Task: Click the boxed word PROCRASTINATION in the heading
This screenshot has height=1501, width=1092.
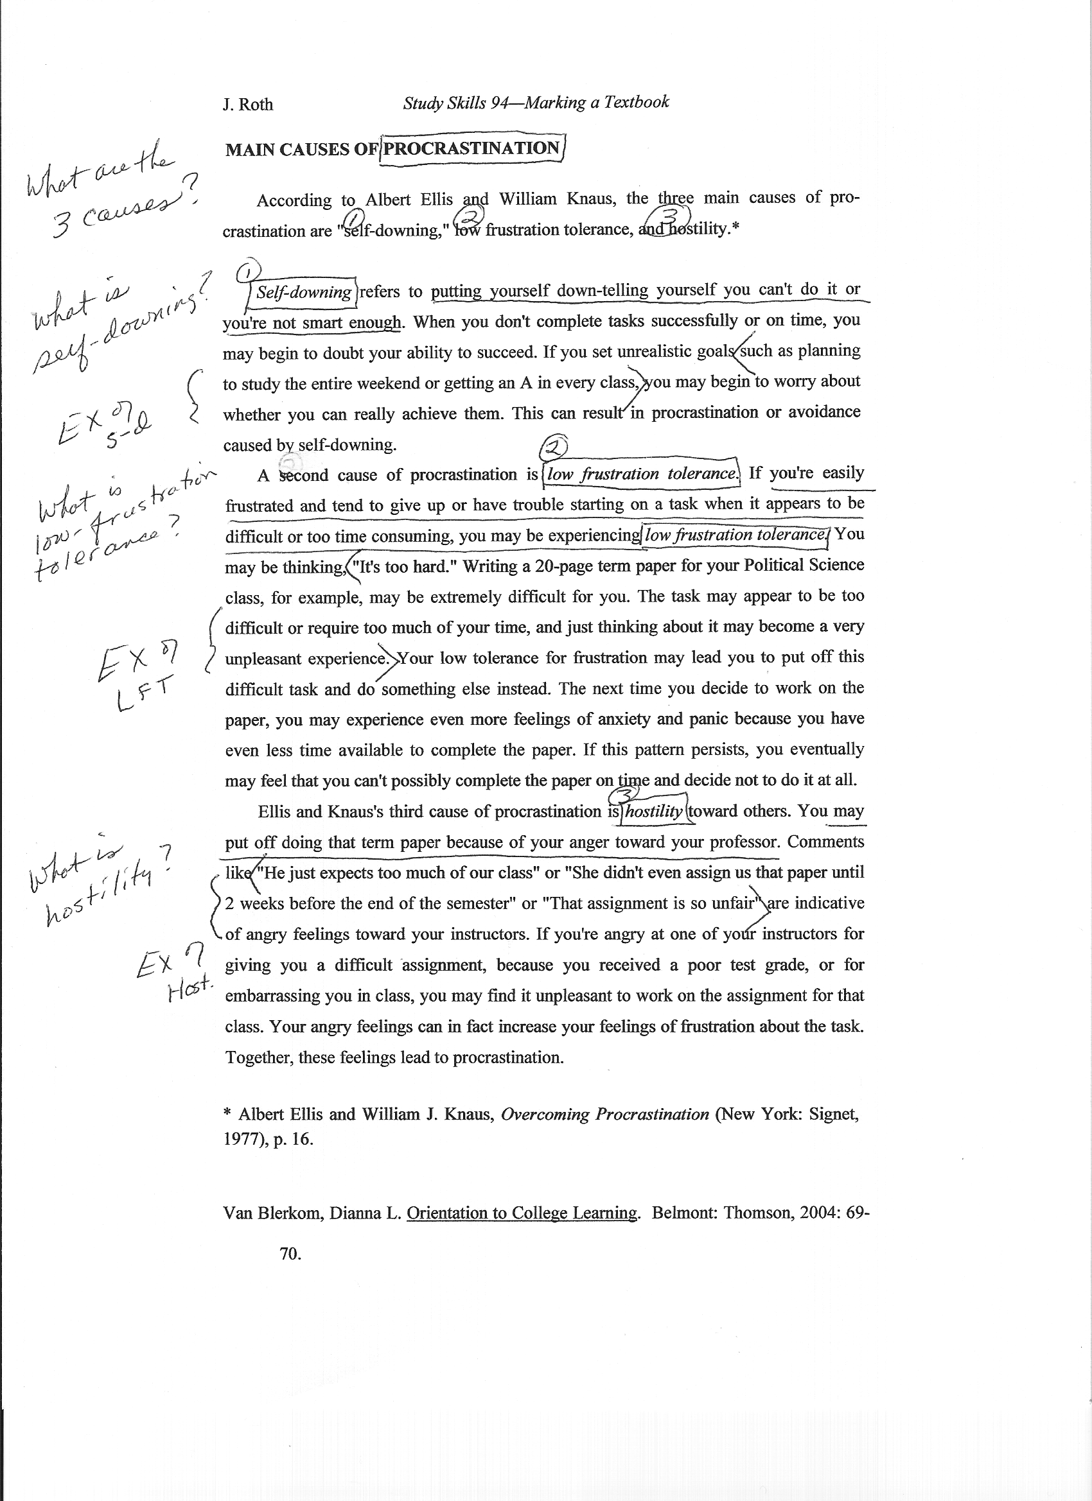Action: coord(472,148)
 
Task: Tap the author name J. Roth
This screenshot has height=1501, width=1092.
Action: coord(248,105)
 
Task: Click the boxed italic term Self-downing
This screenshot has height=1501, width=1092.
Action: coord(303,293)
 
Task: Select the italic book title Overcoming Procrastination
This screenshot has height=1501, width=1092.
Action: coord(604,1115)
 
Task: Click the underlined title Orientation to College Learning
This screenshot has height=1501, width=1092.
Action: coord(522,1213)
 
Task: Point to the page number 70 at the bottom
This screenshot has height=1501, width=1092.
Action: coord(290,1253)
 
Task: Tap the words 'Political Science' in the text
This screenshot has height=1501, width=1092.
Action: coord(804,565)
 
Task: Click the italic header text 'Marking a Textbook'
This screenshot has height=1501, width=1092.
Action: coord(597,102)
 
